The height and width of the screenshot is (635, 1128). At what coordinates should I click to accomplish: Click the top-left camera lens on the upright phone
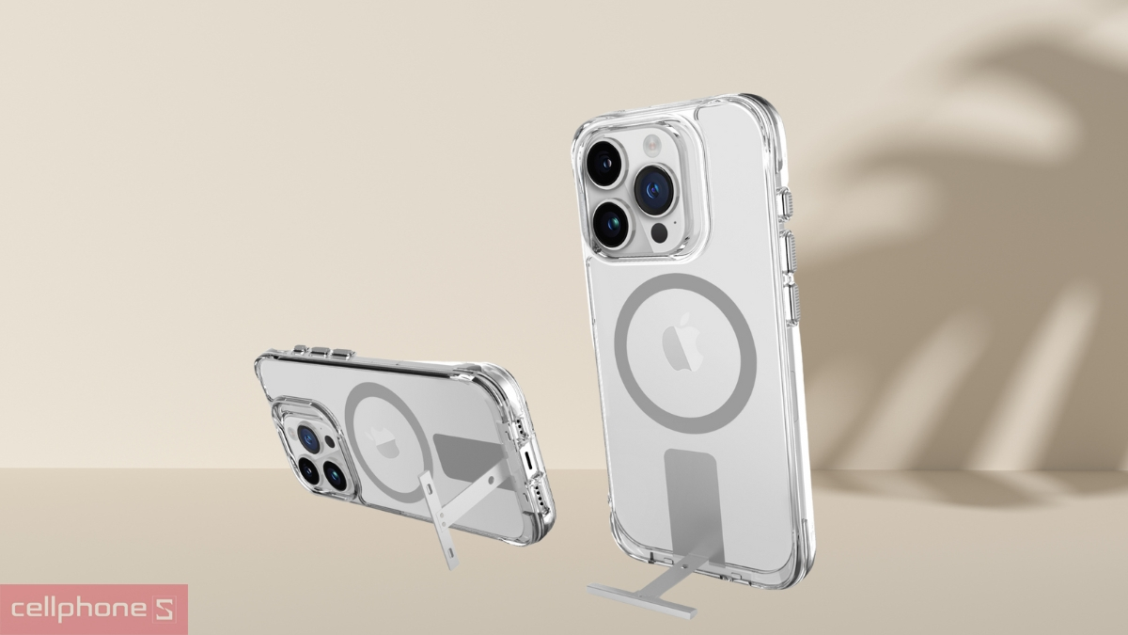[x=606, y=164]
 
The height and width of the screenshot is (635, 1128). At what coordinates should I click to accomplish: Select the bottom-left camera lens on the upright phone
[x=613, y=225]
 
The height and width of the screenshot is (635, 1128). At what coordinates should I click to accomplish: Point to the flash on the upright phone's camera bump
[x=651, y=145]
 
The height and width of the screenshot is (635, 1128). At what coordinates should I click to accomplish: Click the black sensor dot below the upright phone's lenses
[x=659, y=233]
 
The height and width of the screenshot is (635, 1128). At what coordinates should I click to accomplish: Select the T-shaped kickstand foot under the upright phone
[x=642, y=600]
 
